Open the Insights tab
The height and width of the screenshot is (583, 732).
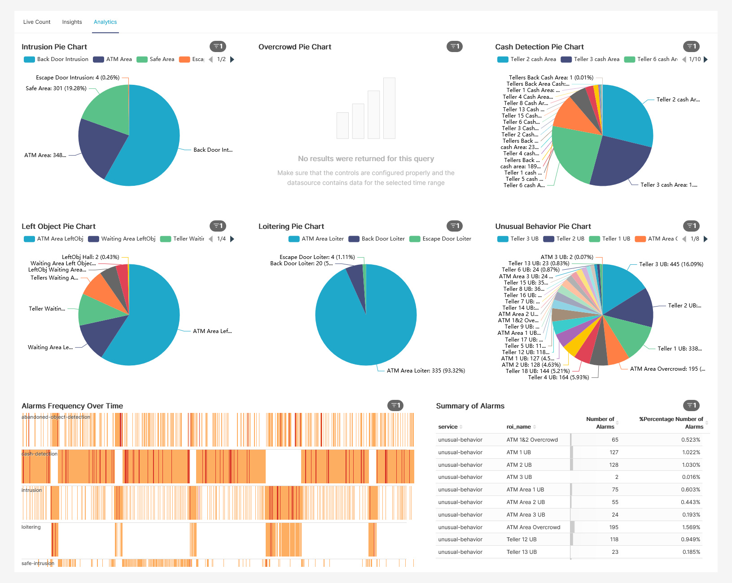coord(72,22)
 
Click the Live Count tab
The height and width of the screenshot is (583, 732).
coord(37,22)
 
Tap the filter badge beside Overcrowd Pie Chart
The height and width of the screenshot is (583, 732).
coord(454,46)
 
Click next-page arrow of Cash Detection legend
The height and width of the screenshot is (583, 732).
coord(706,59)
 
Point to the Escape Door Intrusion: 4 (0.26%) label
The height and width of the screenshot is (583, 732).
coord(78,78)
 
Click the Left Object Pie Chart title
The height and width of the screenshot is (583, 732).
coord(58,226)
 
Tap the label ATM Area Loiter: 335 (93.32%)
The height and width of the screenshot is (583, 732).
coord(425,371)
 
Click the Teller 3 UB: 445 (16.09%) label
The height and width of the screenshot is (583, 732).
coord(671,264)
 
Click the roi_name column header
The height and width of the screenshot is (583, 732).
coord(518,427)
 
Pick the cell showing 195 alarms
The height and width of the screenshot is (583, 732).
coord(614,527)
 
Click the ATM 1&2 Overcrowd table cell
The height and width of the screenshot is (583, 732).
coord(532,440)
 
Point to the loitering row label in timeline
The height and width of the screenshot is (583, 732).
coord(31,527)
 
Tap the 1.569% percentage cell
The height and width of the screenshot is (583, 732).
coord(691,527)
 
